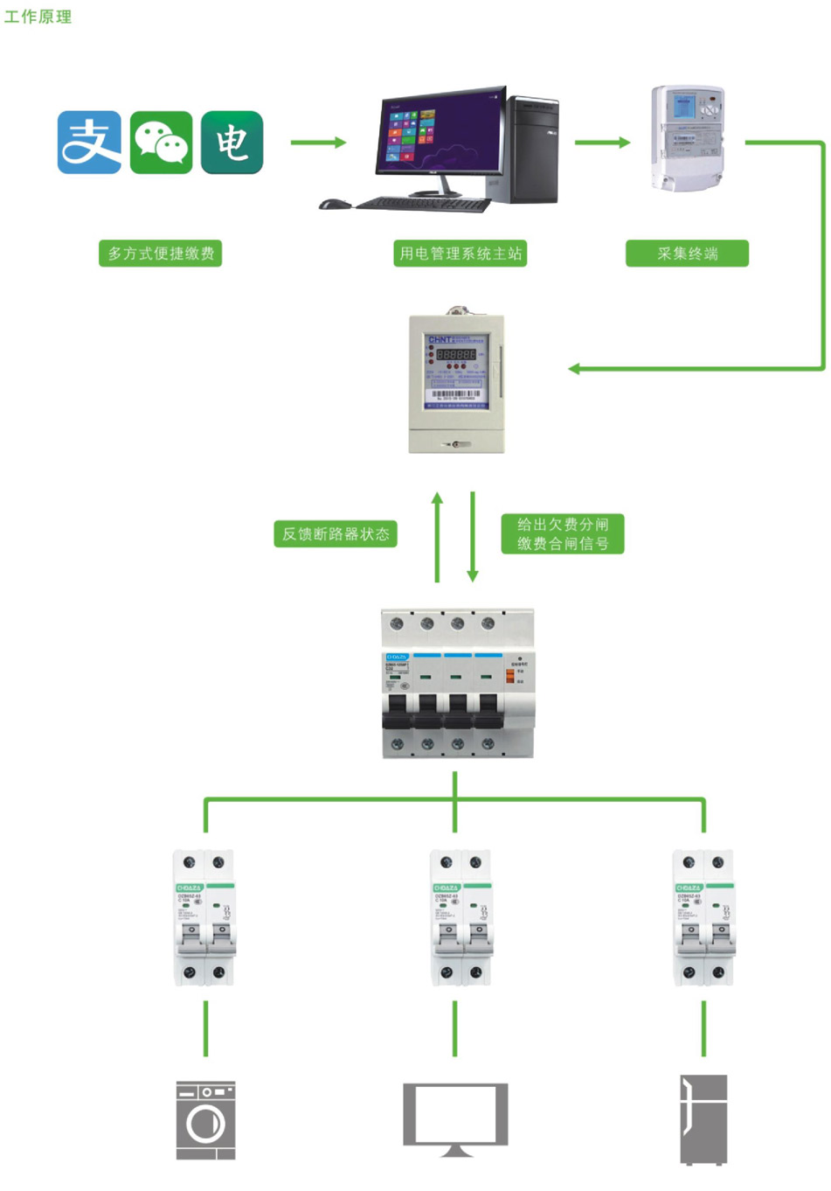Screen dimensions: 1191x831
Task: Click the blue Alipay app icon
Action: tap(89, 143)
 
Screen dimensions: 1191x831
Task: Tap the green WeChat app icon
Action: tap(161, 143)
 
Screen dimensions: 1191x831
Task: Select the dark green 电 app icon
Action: tap(232, 143)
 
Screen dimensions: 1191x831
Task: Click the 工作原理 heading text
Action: tap(38, 17)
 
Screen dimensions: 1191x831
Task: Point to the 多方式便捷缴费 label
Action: tap(161, 254)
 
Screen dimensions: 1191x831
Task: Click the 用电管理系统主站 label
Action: tap(461, 254)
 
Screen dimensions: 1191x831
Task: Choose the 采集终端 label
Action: tap(687, 254)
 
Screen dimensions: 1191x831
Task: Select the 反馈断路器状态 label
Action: tap(336, 534)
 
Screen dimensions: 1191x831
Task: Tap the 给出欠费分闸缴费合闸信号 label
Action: tap(563, 534)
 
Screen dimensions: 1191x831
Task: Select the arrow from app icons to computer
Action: tap(318, 143)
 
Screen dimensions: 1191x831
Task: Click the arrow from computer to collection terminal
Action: tap(602, 143)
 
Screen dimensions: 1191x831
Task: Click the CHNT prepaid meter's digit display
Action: tap(456, 355)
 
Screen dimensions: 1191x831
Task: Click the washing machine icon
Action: tap(205, 1120)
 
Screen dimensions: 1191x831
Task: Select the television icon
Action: tap(455, 1118)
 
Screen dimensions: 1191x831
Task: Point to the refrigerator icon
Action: tap(703, 1119)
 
